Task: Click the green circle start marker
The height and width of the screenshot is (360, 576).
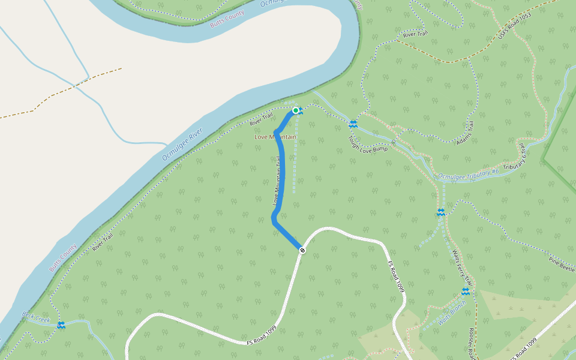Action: coord(296,110)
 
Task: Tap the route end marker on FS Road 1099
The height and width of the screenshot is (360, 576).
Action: coord(302,250)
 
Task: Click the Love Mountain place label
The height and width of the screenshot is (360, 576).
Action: coord(275,137)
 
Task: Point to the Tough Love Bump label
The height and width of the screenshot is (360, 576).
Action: coord(367,143)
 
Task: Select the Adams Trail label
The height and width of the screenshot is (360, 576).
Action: coord(465,133)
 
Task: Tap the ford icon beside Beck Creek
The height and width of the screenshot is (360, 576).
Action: coord(61,325)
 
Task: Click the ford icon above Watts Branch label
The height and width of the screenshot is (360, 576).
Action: coord(465,291)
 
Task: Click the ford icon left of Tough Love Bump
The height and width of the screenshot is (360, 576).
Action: coord(353,124)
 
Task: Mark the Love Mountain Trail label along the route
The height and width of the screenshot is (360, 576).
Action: coord(277,180)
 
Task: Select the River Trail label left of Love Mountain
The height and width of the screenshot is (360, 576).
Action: coord(261,121)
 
